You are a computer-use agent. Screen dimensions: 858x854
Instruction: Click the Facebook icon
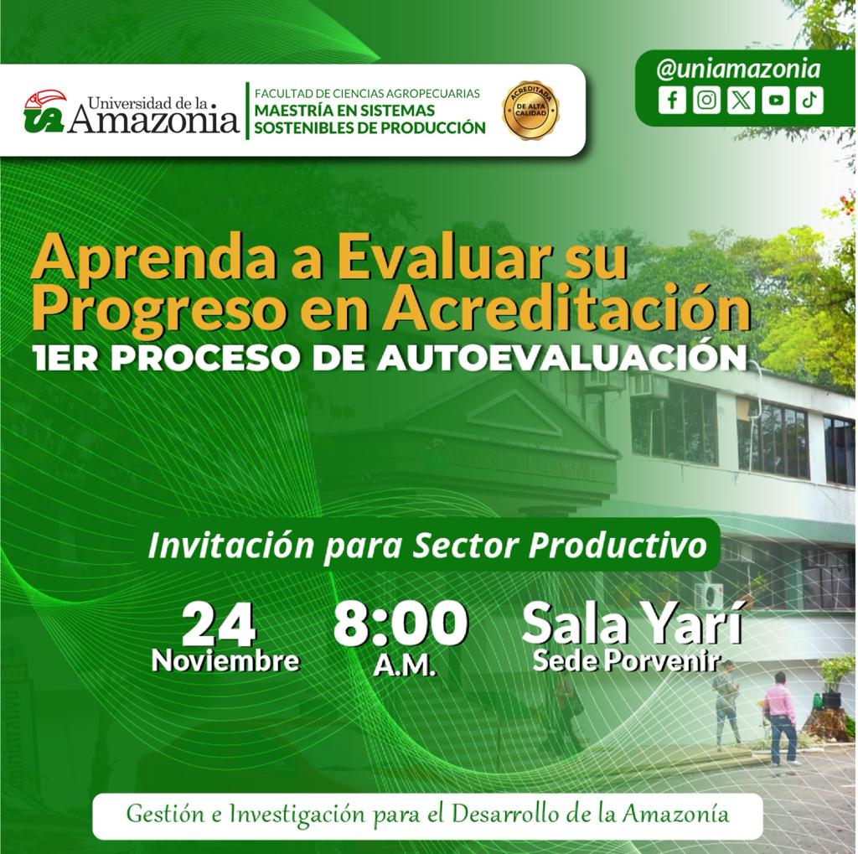672,101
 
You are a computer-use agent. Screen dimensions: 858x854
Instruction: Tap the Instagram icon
706,101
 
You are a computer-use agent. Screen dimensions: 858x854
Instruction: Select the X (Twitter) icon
741,101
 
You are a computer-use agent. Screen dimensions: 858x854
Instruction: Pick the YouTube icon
775,101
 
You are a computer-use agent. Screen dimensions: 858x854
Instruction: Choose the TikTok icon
810,101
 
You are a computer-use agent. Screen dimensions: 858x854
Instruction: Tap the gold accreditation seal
530,110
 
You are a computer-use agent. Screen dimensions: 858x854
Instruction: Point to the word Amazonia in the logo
154,120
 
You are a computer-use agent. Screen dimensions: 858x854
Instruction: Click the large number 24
220,624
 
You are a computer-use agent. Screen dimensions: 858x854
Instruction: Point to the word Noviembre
226,660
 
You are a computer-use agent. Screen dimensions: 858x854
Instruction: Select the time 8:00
401,624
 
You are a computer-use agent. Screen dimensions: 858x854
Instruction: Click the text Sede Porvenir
625,661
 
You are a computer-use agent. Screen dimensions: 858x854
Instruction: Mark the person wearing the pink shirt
781,717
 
